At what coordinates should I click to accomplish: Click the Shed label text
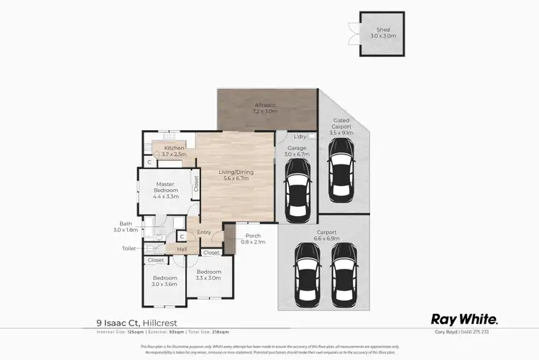click(x=377, y=29)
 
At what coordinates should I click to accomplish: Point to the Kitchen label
click(x=174, y=147)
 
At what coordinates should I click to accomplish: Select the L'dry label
click(x=301, y=136)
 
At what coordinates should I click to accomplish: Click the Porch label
click(x=252, y=235)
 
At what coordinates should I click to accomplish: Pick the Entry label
click(x=204, y=232)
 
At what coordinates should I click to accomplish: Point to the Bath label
click(x=126, y=223)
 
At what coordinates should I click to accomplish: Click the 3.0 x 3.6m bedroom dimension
click(x=165, y=285)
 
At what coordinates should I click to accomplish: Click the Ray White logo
click(x=464, y=319)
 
